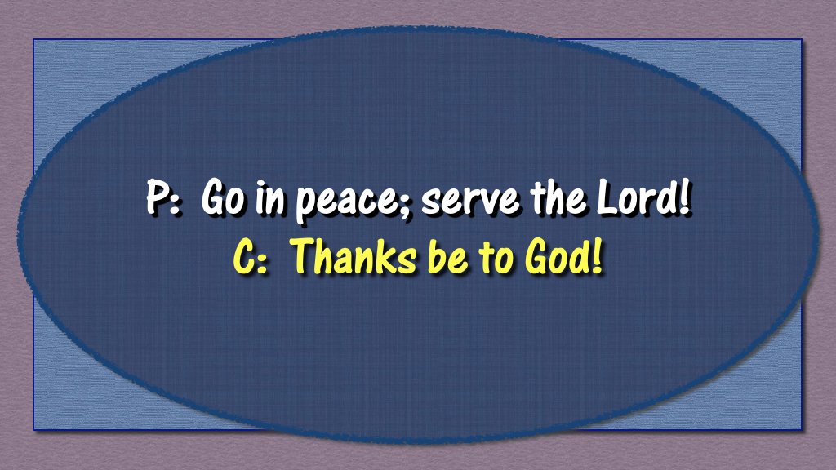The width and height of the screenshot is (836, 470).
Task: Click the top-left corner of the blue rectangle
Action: pos(34,40)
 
